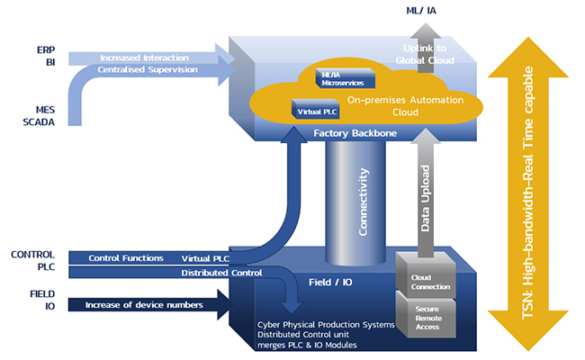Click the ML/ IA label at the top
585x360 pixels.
[x=421, y=11]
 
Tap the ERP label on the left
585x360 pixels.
[x=46, y=50]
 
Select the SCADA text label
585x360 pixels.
[x=39, y=122]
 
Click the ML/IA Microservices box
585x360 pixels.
[x=345, y=78]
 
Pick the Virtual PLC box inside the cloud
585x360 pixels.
[x=316, y=109]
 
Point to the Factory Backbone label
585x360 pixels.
[x=355, y=133]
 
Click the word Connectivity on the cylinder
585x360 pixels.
[x=363, y=202]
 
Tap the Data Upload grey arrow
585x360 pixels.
[x=426, y=193]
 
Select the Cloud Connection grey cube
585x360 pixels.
[x=426, y=275]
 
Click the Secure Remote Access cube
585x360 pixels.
[x=426, y=316]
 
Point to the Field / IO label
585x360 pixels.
[x=330, y=283]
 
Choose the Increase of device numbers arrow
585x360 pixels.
[x=151, y=304]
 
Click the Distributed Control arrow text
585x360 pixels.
[x=221, y=273]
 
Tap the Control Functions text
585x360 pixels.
[x=126, y=258]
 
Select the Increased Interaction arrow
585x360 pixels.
[x=151, y=58]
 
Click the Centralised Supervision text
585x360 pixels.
[x=148, y=69]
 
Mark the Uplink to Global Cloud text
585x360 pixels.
[x=425, y=54]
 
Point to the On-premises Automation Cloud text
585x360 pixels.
[x=405, y=106]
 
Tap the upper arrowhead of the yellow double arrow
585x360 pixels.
[x=528, y=58]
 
